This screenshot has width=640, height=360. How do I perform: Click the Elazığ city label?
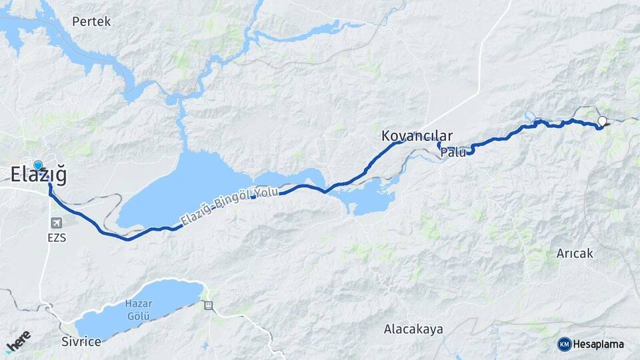[39, 175]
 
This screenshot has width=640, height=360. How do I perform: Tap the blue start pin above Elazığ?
[38, 165]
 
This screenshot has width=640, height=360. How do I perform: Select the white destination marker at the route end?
[603, 121]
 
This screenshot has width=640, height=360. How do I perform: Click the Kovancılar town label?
[417, 135]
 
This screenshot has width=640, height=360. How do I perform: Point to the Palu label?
[453, 153]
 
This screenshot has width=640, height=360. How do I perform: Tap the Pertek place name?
[91, 21]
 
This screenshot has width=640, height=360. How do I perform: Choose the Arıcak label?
[574, 254]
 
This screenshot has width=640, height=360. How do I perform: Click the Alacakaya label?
[413, 329]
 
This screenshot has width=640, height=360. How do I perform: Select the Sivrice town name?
[81, 342]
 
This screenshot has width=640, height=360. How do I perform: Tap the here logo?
[18, 341]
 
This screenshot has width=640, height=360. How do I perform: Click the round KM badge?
[565, 344]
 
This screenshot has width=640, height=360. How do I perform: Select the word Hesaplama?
[599, 345]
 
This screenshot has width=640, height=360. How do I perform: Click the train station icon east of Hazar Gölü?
[209, 305]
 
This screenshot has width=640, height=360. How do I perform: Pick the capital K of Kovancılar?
[386, 135]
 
